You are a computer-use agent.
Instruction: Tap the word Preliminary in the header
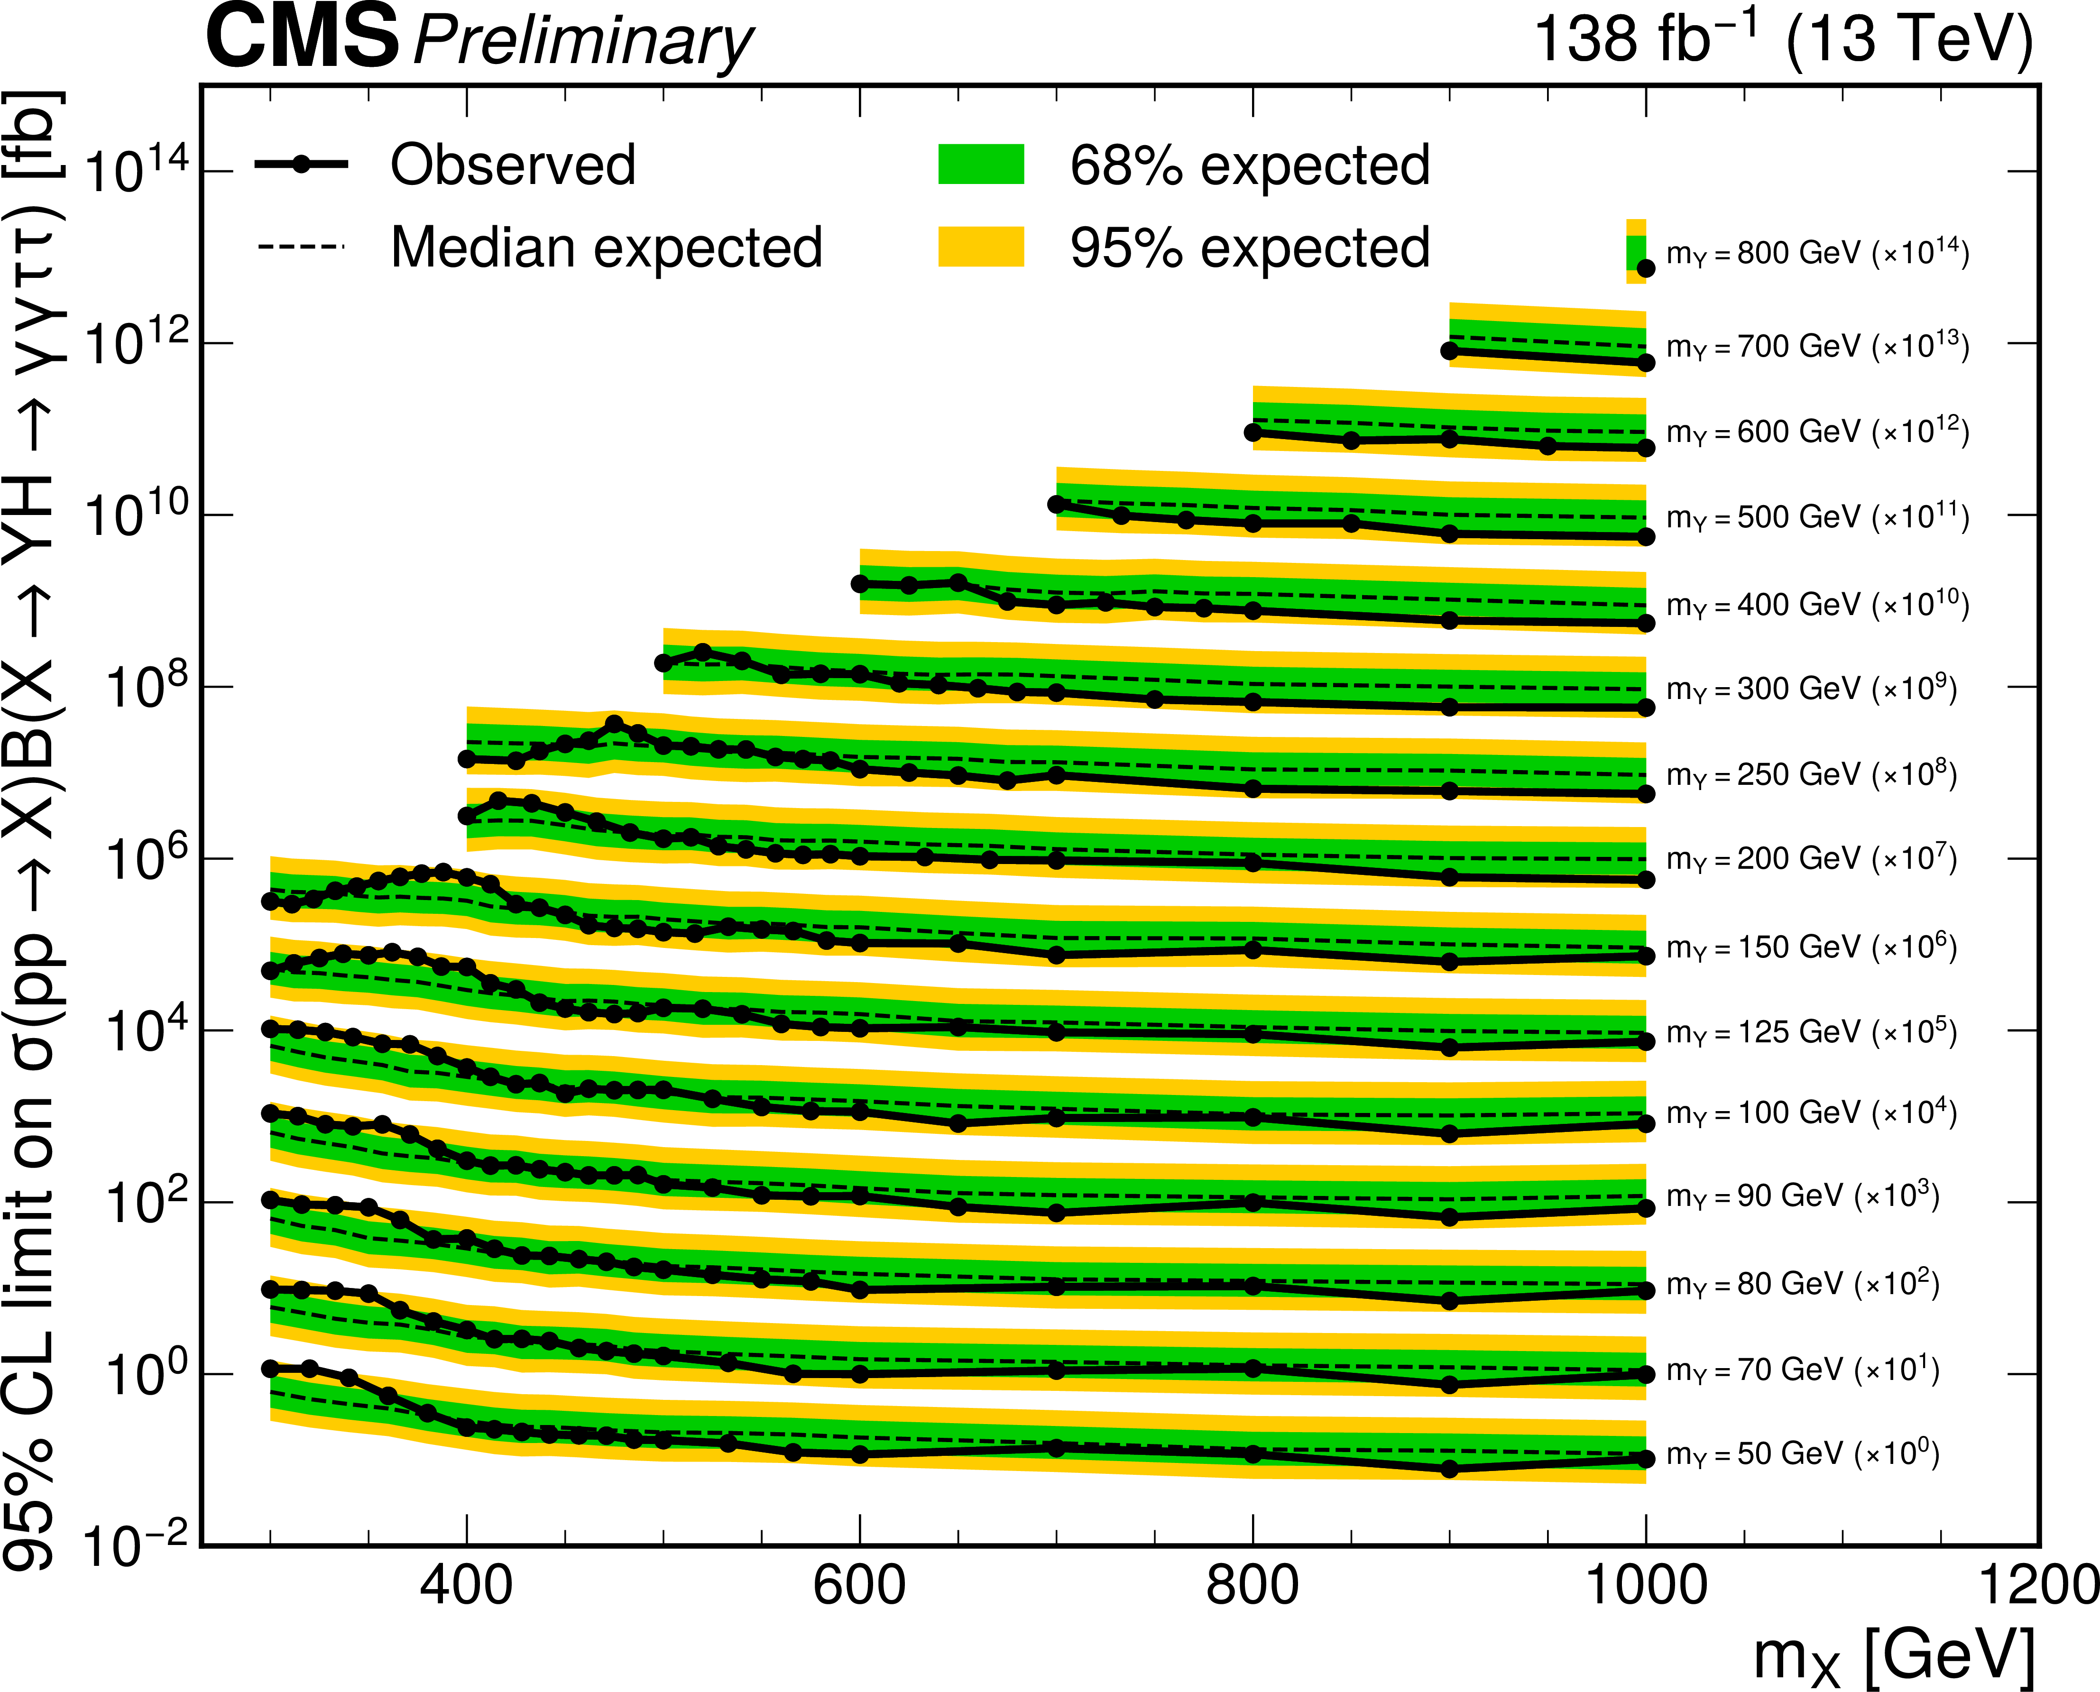[583, 43]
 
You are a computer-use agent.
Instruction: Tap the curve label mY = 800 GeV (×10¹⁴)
[1817, 253]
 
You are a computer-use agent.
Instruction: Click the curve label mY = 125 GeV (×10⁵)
[1811, 1032]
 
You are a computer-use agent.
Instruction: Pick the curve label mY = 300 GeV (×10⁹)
[1811, 689]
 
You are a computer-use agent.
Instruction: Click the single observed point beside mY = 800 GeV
[1646, 268]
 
